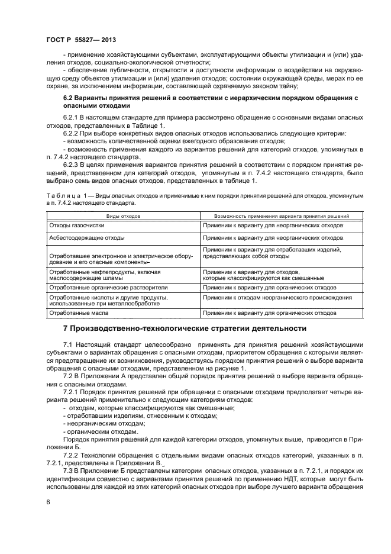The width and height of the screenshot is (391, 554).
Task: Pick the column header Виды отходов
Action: coord(123,217)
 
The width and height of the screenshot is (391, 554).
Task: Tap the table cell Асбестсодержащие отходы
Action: coord(87,237)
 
